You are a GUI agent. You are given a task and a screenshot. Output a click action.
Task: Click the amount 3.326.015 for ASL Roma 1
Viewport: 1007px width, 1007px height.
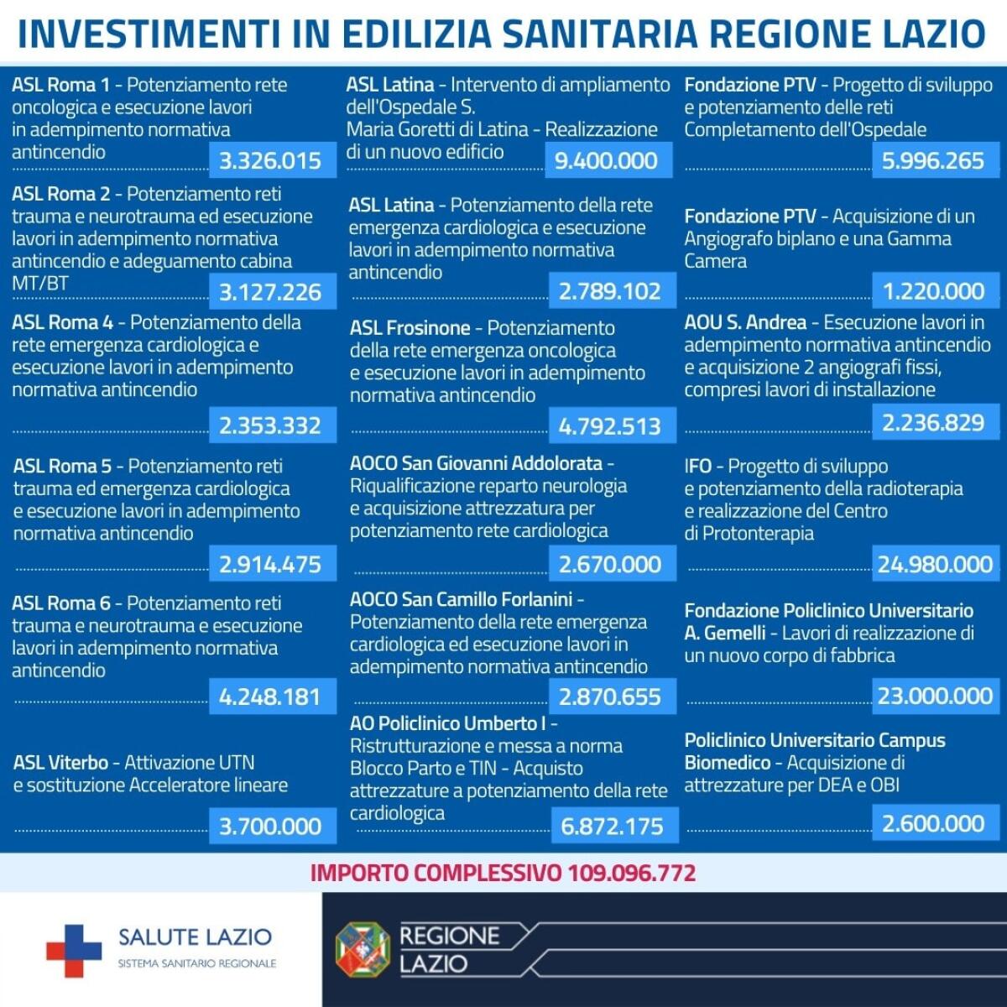click(x=270, y=160)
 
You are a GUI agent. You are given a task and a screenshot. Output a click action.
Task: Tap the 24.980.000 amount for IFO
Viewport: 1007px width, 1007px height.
click(x=935, y=564)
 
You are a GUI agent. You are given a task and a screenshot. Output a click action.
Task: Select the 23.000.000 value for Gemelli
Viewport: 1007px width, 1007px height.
click(x=935, y=696)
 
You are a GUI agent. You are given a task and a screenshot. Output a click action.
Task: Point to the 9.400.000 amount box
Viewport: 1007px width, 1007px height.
click(x=606, y=160)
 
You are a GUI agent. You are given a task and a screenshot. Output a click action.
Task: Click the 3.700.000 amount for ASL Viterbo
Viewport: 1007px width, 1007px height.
click(x=270, y=827)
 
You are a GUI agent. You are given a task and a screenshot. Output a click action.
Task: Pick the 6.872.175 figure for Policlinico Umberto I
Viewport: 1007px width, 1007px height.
click(x=612, y=827)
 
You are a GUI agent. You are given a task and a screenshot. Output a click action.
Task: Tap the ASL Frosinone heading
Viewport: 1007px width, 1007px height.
click(x=410, y=328)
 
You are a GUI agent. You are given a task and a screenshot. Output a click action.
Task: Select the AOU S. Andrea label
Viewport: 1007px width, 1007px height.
click(x=744, y=322)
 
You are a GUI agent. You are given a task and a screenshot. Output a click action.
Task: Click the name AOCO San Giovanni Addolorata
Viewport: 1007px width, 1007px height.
click(x=476, y=463)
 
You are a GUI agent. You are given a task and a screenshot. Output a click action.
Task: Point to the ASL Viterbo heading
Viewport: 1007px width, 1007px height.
click(x=60, y=763)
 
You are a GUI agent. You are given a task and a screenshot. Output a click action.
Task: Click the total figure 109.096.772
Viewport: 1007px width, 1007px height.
click(x=631, y=873)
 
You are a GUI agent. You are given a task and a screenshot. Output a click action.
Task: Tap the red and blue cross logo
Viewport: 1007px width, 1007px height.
click(x=74, y=951)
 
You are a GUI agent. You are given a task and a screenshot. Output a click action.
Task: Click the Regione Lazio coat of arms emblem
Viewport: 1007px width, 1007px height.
click(x=363, y=950)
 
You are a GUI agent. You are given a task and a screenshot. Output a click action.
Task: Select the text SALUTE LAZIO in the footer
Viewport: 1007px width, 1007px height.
click(x=195, y=937)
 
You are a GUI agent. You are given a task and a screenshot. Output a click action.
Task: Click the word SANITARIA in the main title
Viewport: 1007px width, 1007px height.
click(x=599, y=34)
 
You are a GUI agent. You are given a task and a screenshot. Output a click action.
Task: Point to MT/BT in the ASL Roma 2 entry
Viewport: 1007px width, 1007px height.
click(x=39, y=284)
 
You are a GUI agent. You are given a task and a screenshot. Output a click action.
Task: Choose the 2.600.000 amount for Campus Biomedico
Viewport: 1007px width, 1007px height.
click(x=933, y=823)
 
